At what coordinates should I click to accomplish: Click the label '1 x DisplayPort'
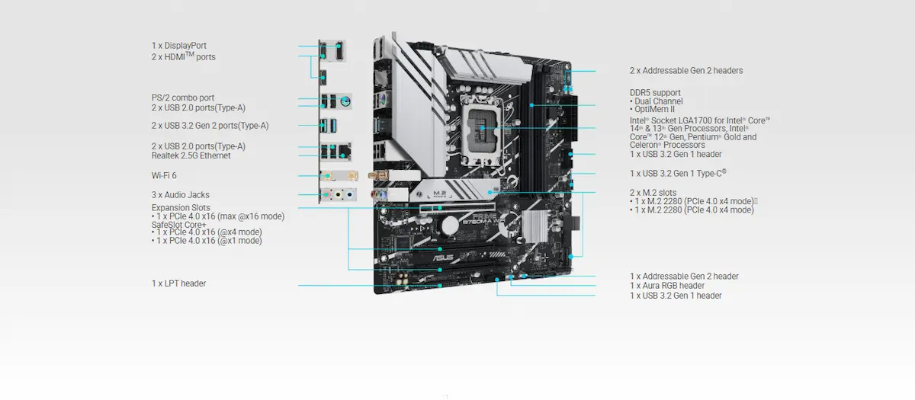click(x=178, y=46)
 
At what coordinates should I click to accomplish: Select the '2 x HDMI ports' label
click(x=183, y=57)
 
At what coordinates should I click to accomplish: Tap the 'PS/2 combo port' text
click(x=182, y=98)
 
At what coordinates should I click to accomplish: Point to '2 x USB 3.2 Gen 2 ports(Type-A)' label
click(x=210, y=126)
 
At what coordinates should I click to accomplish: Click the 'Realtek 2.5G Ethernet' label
click(x=191, y=155)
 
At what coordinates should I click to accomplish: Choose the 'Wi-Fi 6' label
click(x=164, y=175)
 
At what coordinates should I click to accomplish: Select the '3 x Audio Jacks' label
click(x=180, y=195)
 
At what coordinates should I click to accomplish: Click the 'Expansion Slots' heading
click(x=181, y=208)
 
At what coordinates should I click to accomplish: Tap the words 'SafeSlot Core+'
click(x=178, y=225)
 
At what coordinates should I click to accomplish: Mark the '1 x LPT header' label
click(x=178, y=283)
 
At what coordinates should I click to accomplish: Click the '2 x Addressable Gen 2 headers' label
click(x=685, y=71)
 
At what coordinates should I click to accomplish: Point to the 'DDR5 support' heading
click(x=656, y=93)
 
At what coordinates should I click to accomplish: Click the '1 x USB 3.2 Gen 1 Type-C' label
click(x=678, y=173)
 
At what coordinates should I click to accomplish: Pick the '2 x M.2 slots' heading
click(x=653, y=192)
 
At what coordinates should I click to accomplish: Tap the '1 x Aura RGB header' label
click(x=666, y=286)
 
